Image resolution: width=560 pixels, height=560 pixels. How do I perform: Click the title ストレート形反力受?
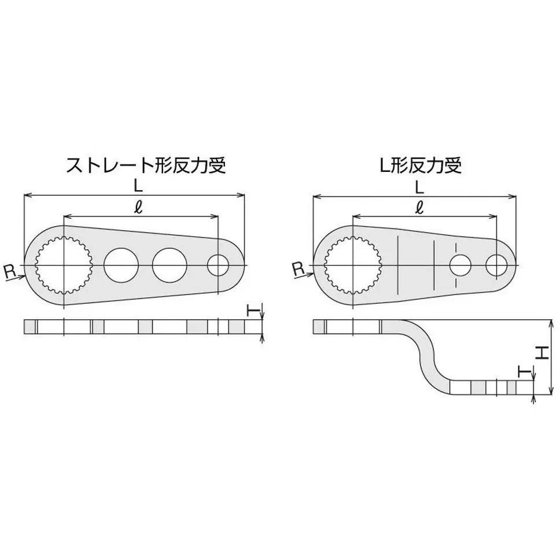coord(145,165)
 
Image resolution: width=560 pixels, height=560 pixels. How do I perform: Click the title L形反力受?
coord(421,165)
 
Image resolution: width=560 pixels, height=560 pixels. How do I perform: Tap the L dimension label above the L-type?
coord(419,186)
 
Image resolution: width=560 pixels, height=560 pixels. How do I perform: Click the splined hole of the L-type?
coord(351,266)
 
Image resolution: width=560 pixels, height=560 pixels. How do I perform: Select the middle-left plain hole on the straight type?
coord(121,266)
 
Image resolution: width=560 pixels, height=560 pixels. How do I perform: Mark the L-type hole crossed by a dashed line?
coord(460,266)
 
